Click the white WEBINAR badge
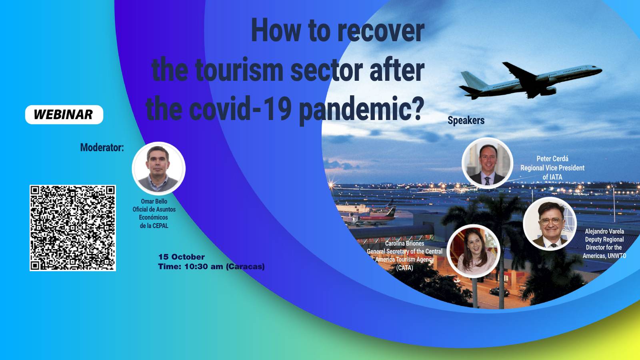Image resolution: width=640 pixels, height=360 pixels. coord(64,114)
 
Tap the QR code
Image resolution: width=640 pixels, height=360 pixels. coord(73,228)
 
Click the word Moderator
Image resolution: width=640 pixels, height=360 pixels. coord(102,148)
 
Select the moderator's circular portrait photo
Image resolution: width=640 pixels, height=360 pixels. coord(158,168)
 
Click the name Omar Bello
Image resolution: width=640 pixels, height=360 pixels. coord(154,201)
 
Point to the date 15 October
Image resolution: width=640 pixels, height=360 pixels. coord(182,257)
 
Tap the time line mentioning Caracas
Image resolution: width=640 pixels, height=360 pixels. coord(212,266)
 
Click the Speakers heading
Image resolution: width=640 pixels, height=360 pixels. coord(466,120)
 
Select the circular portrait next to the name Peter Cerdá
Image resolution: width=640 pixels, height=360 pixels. coord(487,163)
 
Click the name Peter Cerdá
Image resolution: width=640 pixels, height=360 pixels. coord(552,158)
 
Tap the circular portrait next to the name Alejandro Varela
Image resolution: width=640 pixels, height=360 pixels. coord(550,224)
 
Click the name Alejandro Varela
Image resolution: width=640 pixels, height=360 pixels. coord(604,231)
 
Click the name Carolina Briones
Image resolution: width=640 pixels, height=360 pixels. coord(404,244)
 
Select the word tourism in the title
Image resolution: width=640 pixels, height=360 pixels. coord(239,70)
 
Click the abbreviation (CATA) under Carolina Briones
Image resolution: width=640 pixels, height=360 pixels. coord(404,268)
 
